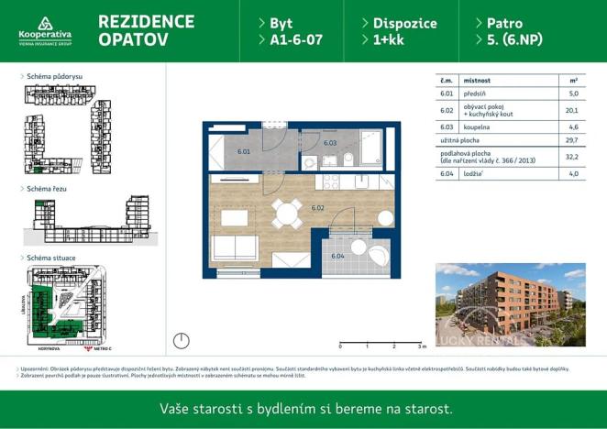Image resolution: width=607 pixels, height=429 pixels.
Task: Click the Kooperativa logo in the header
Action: tap(44, 30)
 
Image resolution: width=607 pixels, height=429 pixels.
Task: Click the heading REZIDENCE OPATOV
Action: tap(145, 30)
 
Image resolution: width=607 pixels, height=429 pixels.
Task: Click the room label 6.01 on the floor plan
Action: tap(243, 151)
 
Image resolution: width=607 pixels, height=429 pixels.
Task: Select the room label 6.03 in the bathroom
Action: tap(330, 143)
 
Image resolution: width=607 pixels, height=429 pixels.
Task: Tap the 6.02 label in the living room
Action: tap(318, 208)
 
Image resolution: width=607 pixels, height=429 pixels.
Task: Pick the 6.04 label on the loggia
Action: tap(337, 256)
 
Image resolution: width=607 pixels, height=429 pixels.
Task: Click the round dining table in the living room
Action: tap(288, 215)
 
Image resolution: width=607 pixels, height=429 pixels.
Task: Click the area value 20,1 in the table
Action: tap(573, 110)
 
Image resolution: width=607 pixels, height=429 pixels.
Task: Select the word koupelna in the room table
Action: tap(477, 126)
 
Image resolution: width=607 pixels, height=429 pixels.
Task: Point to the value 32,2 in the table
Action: tap(573, 157)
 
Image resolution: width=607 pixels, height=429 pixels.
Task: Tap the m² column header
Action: tap(573, 80)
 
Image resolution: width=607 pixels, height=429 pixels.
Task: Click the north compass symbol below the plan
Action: tap(182, 341)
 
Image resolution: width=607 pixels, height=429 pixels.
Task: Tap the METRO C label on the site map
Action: tap(96, 349)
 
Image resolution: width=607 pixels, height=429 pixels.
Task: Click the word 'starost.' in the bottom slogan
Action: tap(428, 409)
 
